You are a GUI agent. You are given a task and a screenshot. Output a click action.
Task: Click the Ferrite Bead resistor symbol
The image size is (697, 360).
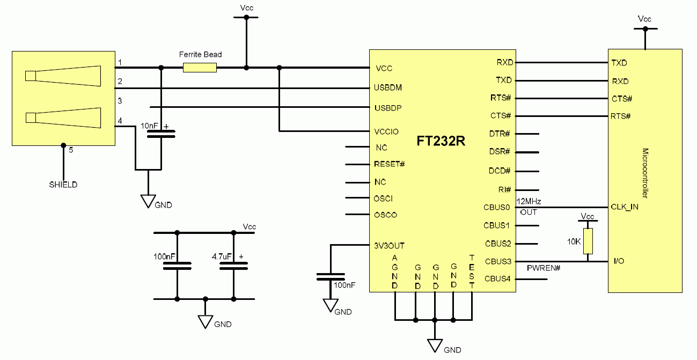tap(200, 68)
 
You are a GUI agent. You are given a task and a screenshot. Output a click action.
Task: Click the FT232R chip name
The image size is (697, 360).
tap(441, 142)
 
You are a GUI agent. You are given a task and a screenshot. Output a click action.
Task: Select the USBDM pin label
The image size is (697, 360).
tap(388, 87)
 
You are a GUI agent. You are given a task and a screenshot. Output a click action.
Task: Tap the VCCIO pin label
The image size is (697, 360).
tap(387, 131)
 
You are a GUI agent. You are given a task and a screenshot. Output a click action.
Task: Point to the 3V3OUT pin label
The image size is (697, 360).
tap(390, 246)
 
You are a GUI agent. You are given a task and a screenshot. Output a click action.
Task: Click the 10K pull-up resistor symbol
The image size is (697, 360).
tap(588, 241)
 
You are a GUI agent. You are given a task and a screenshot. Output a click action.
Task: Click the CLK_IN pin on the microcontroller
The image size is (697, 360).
tap(624, 207)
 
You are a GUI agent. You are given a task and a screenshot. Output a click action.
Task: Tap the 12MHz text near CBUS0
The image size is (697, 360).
tap(528, 201)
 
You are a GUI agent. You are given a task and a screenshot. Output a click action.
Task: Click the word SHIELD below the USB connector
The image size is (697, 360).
tap(63, 185)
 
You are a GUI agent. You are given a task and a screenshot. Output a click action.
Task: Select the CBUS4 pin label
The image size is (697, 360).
tap(497, 279)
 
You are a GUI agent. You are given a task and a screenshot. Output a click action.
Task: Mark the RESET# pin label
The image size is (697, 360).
tap(389, 164)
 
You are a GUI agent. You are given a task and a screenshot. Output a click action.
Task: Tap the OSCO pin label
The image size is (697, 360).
tap(386, 215)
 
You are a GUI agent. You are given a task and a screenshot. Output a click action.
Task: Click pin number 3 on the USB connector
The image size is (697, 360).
tap(120, 101)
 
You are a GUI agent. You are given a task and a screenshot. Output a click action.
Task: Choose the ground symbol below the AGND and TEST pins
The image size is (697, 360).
tap(435, 344)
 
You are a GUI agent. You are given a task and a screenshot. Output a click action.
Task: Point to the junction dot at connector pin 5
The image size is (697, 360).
tap(63, 145)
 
